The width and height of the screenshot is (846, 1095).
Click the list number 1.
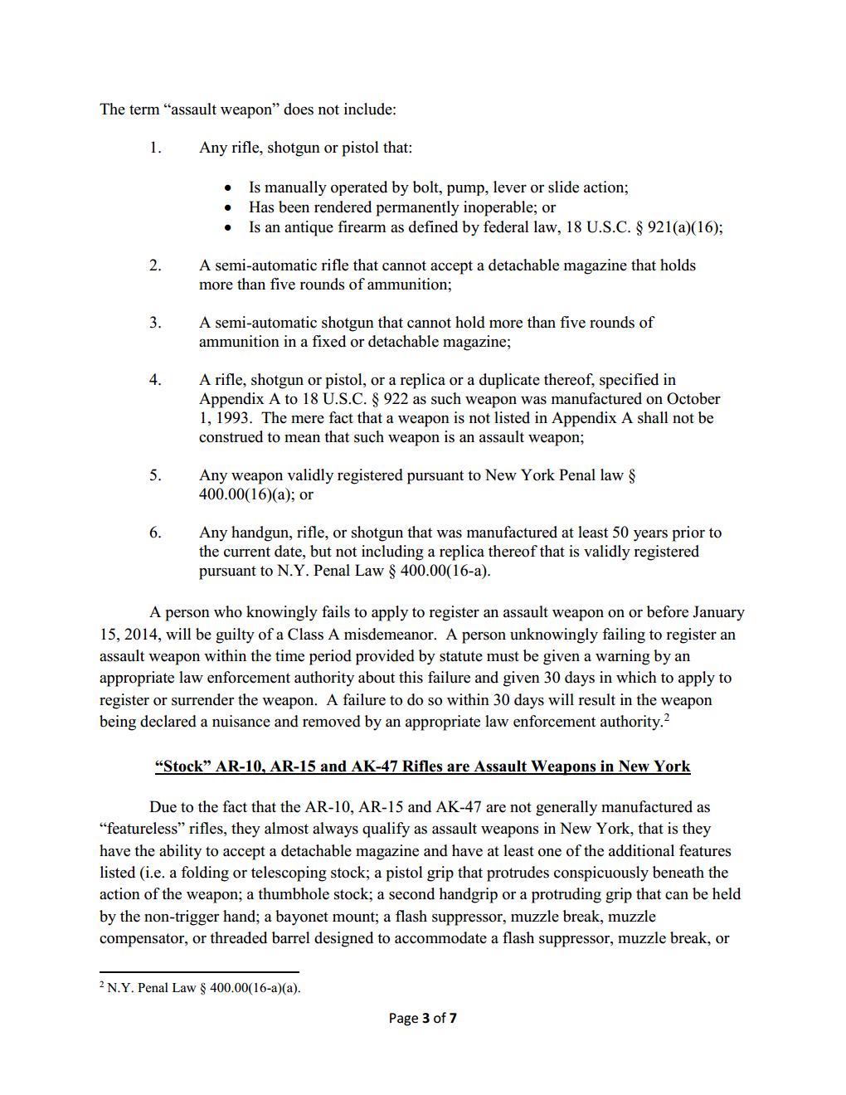(x=154, y=148)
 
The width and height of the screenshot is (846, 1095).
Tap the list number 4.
(x=155, y=380)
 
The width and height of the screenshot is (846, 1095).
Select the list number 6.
(x=155, y=533)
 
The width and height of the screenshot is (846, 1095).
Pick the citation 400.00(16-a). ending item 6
(x=445, y=571)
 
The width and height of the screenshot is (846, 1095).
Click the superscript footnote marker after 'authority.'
(x=667, y=718)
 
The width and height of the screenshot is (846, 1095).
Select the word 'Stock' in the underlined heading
(x=183, y=766)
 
